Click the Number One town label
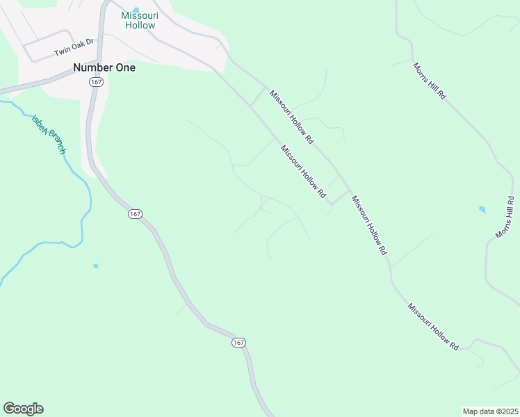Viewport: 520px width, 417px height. [104, 68]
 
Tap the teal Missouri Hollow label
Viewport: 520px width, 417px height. [140, 20]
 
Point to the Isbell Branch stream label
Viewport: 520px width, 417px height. [49, 133]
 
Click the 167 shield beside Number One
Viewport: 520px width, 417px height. [96, 82]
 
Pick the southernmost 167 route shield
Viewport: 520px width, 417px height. [238, 343]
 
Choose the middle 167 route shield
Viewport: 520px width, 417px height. [135, 214]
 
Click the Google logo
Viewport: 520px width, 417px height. [23, 409]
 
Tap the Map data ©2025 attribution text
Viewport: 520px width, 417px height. [491, 411]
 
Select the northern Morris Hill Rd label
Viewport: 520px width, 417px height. [429, 81]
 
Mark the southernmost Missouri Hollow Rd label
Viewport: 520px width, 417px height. [434, 326]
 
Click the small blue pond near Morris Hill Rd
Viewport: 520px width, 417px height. [482, 209]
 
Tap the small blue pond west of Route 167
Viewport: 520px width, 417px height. [95, 265]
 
